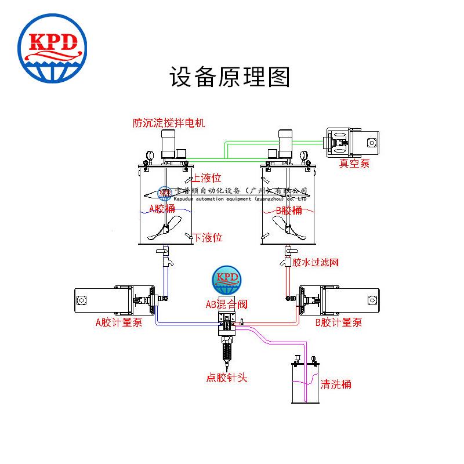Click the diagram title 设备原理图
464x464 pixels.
pos(229,78)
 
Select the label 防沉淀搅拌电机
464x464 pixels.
pos(169,123)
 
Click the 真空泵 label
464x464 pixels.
pos(354,164)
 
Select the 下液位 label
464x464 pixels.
pos(208,237)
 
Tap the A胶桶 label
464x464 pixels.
pos(164,209)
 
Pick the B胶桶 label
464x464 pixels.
pos(289,210)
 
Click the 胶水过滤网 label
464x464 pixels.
pos(315,263)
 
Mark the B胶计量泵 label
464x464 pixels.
pos(339,322)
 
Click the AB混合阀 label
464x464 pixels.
pos(227,303)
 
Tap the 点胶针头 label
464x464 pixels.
pos(227,378)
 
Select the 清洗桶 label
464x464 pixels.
pos(336,384)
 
